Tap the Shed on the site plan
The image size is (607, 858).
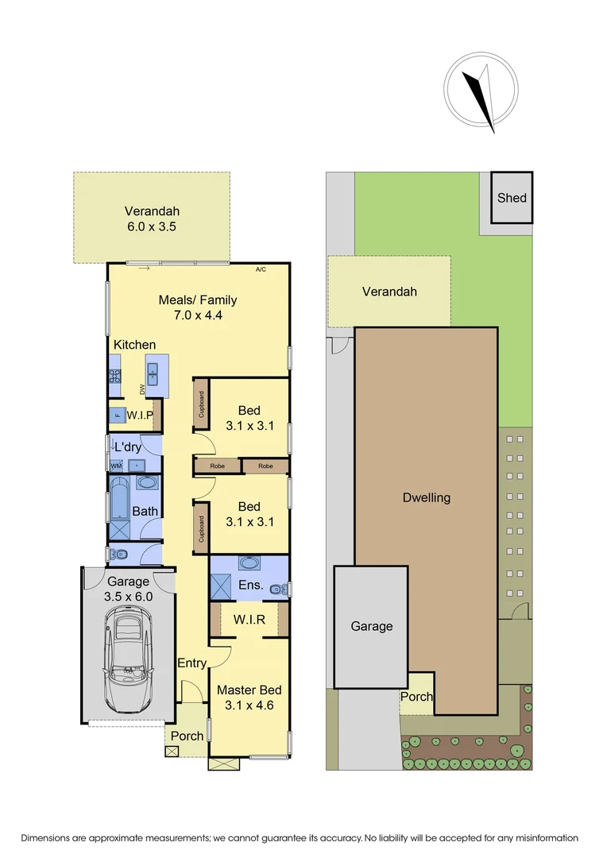(512, 197)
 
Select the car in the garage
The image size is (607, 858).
(129, 659)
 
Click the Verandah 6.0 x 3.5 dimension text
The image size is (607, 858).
(151, 226)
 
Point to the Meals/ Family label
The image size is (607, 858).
(198, 300)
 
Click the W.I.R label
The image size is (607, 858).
(249, 619)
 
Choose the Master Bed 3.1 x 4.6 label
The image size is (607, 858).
(249, 697)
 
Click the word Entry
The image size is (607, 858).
(191, 663)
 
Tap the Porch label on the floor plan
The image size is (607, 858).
(188, 736)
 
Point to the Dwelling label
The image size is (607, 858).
(426, 498)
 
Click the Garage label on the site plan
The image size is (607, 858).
(371, 626)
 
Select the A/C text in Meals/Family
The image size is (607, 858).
(261, 270)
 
